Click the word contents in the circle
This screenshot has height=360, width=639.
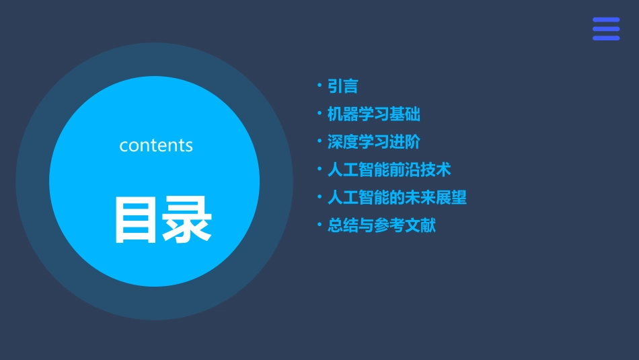coord(156,145)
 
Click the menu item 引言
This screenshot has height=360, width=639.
coord(342,86)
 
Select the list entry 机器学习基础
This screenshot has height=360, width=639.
coord(373,114)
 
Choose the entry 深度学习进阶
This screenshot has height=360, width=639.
coord(373,142)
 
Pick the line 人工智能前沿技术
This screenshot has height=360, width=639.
coord(389,170)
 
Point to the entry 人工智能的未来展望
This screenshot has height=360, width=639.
coord(397,198)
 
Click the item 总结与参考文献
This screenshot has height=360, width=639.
coord(381,225)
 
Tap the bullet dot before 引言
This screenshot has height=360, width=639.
coord(319,85)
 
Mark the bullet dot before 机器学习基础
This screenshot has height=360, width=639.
coord(319,114)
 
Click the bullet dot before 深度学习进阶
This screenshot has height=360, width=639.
coord(319,141)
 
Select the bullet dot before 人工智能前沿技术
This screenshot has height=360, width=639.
coord(319,169)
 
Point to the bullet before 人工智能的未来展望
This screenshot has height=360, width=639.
coord(319,197)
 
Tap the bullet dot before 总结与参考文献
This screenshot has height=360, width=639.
coord(319,225)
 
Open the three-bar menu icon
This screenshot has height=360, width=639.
coord(605,29)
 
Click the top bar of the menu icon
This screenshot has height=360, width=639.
coord(605,20)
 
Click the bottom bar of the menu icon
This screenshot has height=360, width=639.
coord(605,38)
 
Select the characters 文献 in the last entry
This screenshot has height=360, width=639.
coord(420,225)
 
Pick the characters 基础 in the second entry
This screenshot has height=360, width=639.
coord(405,114)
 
